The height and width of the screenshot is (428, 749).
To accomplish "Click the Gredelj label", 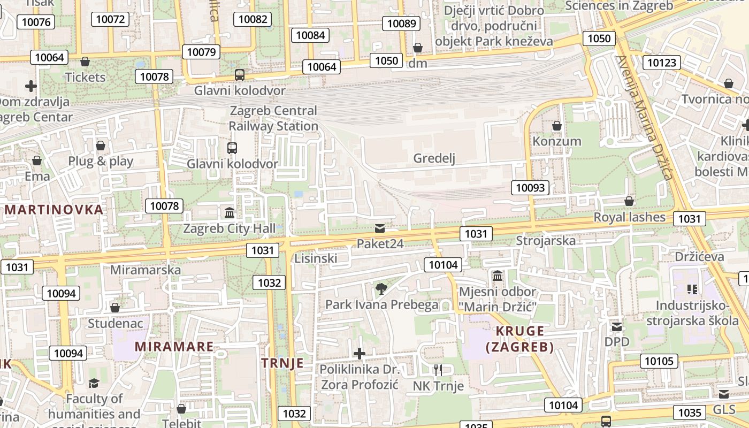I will tap(434, 158).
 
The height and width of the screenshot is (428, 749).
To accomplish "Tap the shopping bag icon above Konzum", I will tap(556, 126).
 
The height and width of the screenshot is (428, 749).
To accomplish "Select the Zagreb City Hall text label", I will tap(230, 229).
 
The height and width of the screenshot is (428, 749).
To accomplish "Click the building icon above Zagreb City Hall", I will tap(230, 213).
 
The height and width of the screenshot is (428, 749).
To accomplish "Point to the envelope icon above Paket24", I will tap(380, 228).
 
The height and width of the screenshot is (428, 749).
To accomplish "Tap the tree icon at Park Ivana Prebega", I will tap(381, 289).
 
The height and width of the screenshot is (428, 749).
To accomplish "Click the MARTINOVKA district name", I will tap(53, 210).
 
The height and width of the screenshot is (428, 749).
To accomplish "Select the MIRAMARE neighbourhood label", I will tap(174, 347).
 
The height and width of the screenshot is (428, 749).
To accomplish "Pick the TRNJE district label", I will tap(282, 363).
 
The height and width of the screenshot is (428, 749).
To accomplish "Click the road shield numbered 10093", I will tap(531, 188).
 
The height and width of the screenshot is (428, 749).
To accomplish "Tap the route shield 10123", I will tap(661, 63).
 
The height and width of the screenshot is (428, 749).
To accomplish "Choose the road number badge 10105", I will tap(659, 361).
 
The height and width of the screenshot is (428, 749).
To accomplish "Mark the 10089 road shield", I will tap(401, 23).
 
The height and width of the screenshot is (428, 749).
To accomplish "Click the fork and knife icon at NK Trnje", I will tap(438, 370).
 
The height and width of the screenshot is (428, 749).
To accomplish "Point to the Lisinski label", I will tap(316, 259).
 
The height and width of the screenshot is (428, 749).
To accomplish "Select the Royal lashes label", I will tap(629, 217).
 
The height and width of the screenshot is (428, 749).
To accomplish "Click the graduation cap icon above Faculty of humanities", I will tap(94, 383).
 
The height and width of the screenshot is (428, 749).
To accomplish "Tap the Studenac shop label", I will tap(115, 324).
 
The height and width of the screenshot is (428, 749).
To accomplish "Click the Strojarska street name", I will tap(546, 241).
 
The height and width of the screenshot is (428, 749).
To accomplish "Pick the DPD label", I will tap(617, 342).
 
